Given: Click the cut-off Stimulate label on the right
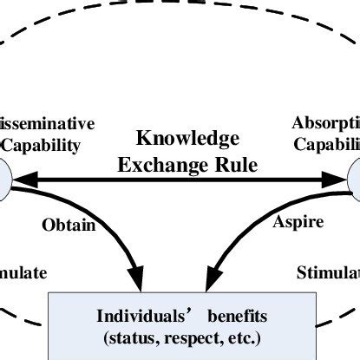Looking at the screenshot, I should pos(328,273).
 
